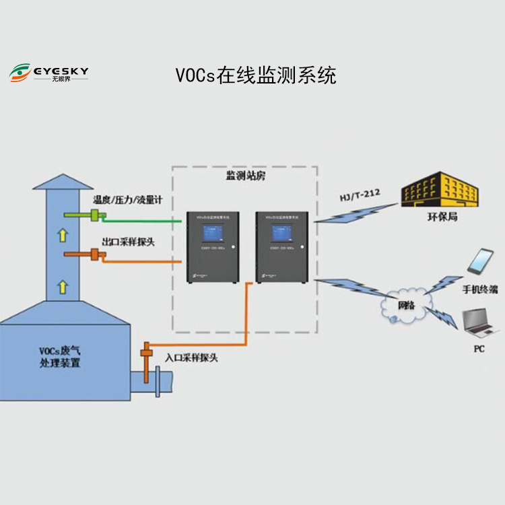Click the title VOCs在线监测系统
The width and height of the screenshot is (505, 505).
256,74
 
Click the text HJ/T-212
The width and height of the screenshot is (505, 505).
360,197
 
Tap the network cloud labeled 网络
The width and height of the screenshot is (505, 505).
404,305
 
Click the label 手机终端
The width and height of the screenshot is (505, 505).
479,289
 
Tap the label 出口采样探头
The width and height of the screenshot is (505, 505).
128,240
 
